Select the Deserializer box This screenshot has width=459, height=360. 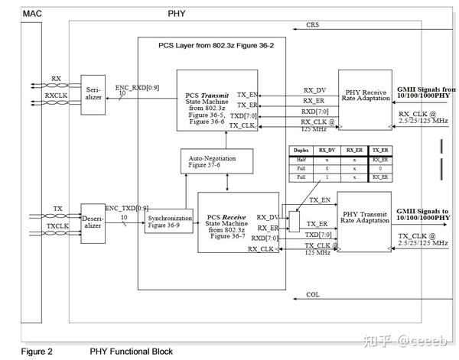pyautogui.click(x=93, y=219)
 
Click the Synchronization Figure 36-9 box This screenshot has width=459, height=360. pyautogui.click(x=170, y=222)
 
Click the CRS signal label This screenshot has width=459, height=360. pyautogui.click(x=313, y=25)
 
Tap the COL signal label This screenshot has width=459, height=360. pyautogui.click(x=312, y=294)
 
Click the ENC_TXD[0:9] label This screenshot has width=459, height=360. pyautogui.click(x=126, y=207)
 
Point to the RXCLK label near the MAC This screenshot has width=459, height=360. pyautogui.click(x=56, y=96)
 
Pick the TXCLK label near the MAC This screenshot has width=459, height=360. pyautogui.click(x=57, y=226)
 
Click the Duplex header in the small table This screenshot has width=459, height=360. pyautogui.click(x=301, y=151)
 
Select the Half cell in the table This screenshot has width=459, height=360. pyautogui.click(x=301, y=160)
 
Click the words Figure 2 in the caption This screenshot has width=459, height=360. pyautogui.click(x=36, y=352)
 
